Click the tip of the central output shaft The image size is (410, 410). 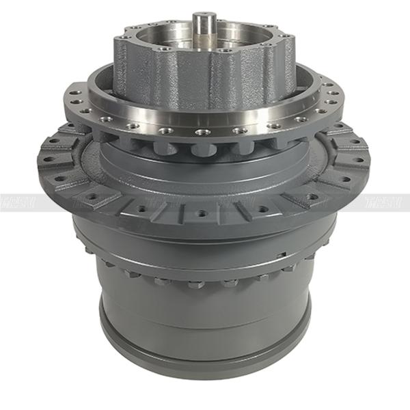(x=204, y=15)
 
